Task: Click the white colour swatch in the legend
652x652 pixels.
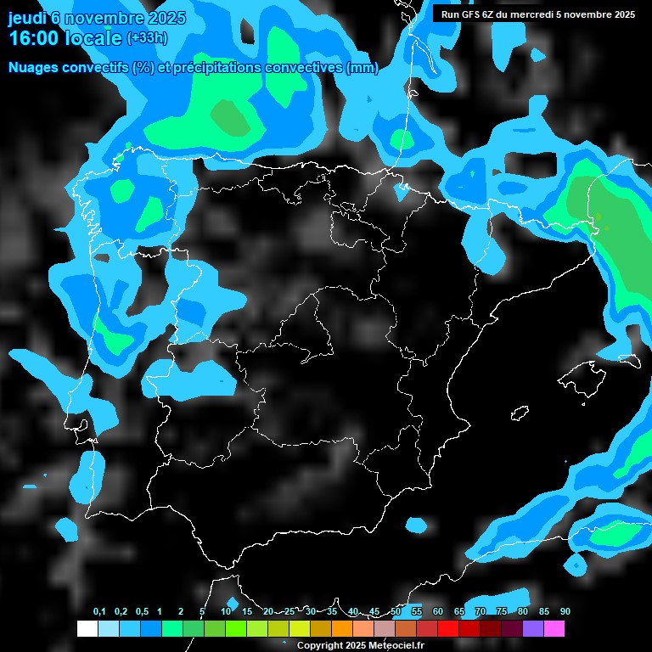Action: tap(87, 628)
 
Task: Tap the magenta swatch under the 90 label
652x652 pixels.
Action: tap(554, 628)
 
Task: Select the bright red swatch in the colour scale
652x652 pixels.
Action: tap(448, 628)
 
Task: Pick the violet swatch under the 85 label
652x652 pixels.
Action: tap(533, 628)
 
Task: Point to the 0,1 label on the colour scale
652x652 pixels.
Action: tap(99, 612)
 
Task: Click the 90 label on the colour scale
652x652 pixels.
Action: tap(565, 612)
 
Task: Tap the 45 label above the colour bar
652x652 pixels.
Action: tap(374, 612)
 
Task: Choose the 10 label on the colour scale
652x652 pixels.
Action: tap(226, 612)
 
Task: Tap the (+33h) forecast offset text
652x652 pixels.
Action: tap(146, 38)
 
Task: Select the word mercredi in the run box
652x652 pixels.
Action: tap(542, 14)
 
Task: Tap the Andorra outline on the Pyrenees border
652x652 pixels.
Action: tap(493, 202)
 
